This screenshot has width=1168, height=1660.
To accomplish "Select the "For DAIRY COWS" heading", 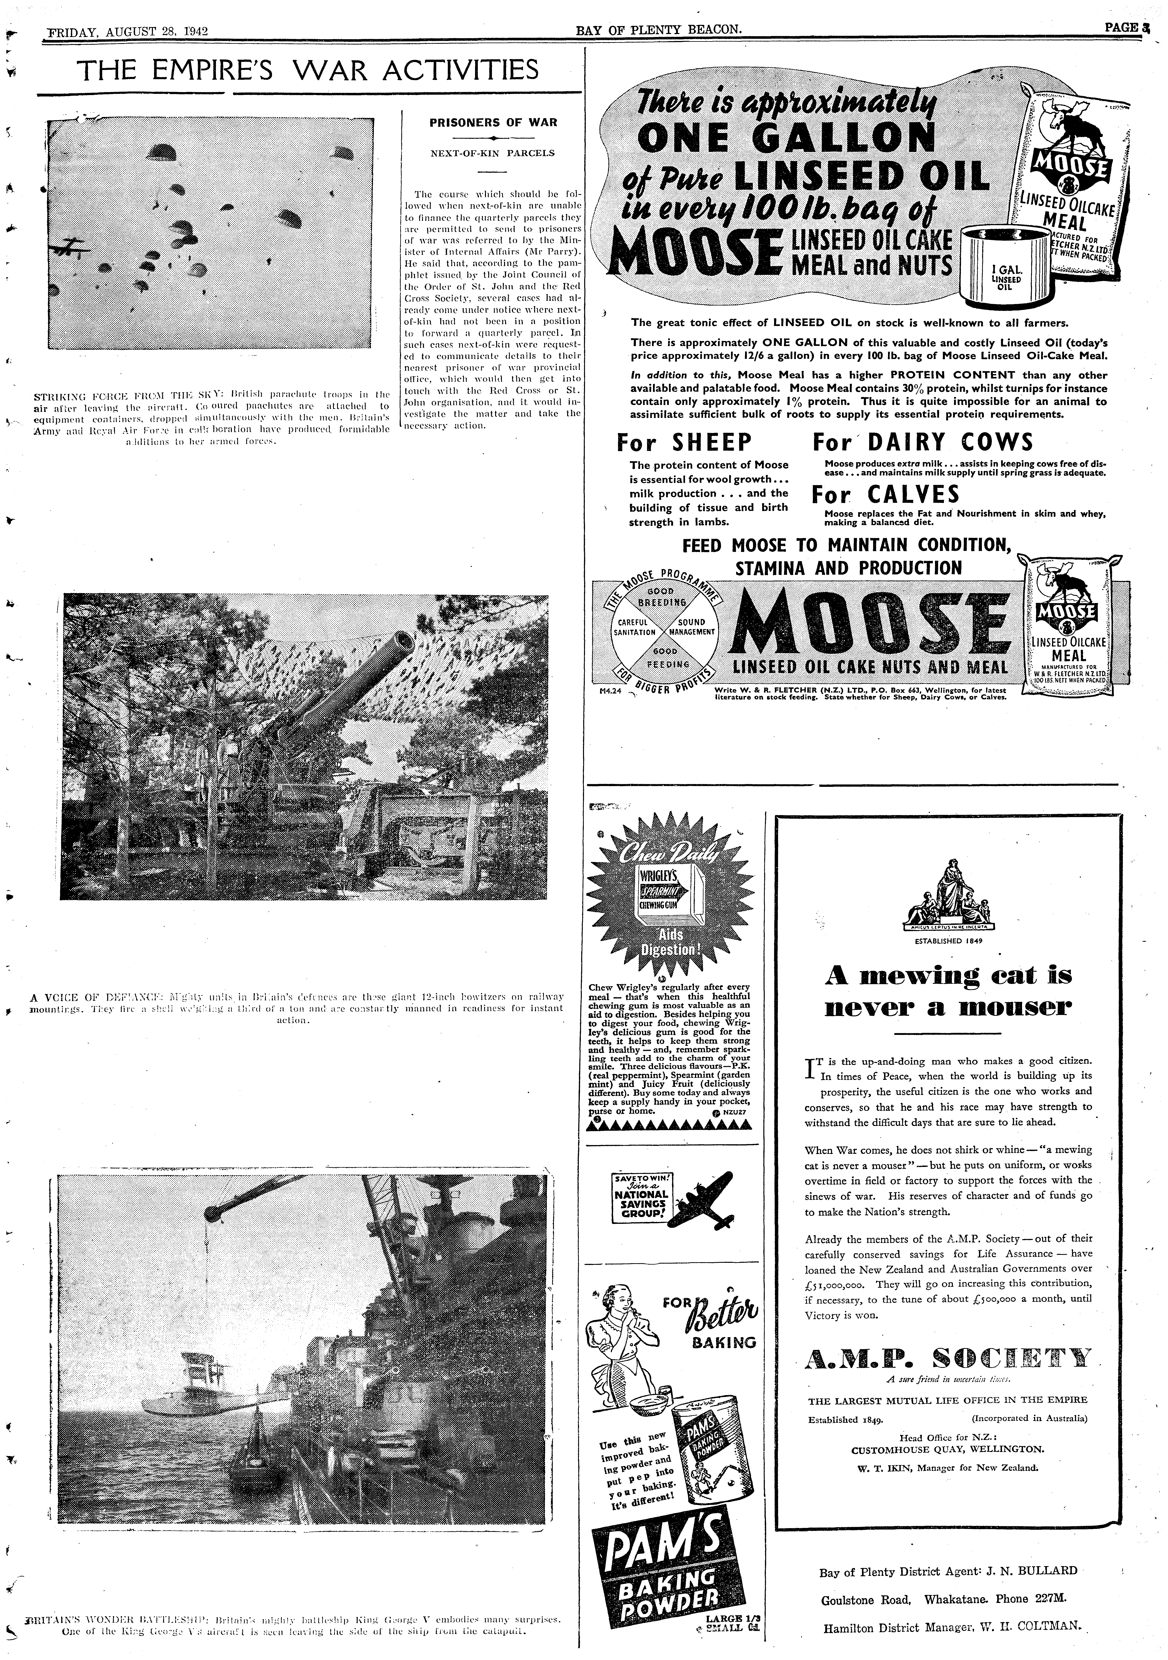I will coord(922,443).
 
